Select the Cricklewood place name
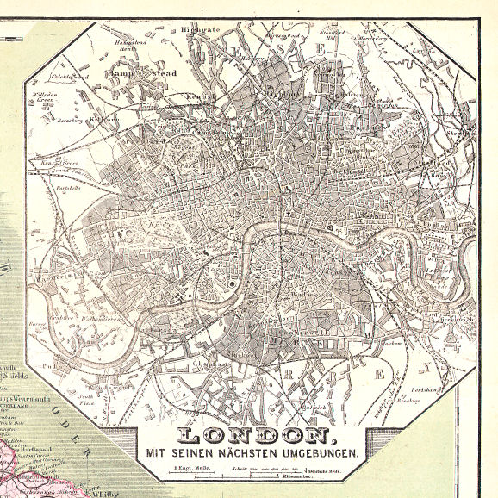pyautogui.click(x=70, y=77)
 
